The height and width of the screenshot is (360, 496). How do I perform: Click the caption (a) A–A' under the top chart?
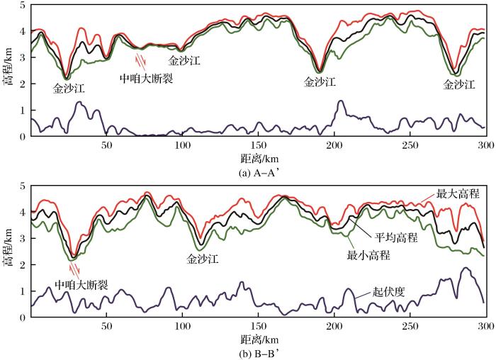(x=258, y=170)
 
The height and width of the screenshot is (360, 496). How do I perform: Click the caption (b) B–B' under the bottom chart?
(x=258, y=351)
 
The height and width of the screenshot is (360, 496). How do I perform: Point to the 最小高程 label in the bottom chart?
(x=370, y=253)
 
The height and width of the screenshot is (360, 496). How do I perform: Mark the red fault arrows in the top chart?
(x=142, y=58)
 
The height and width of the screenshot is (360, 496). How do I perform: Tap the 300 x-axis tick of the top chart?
(x=485, y=145)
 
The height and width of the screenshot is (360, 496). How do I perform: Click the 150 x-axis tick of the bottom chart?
(x=258, y=326)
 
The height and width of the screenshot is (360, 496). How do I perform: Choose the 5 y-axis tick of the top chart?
(x=23, y=6)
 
